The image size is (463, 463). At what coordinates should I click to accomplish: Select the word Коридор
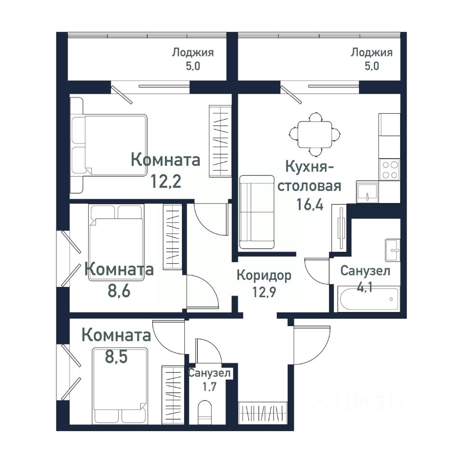click(264, 275)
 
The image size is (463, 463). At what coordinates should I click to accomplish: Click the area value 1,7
click(209, 386)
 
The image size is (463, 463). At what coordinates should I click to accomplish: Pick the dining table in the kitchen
click(315, 135)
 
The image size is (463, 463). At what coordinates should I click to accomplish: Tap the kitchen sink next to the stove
click(368, 191)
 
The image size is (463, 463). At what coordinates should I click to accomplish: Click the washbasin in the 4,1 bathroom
click(393, 250)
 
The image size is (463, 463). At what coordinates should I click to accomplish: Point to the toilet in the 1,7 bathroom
click(205, 411)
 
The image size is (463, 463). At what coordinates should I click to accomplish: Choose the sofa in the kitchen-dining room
click(257, 212)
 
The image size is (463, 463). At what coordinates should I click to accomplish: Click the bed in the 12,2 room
click(109, 145)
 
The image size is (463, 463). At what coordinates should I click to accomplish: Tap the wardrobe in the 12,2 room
click(220, 141)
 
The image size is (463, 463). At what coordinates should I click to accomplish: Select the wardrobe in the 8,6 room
click(173, 236)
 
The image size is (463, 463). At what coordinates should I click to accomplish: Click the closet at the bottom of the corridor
click(263, 413)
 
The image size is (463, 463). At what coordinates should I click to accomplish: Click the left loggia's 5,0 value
click(193, 66)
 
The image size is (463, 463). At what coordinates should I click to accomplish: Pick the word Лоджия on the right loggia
click(371, 53)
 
